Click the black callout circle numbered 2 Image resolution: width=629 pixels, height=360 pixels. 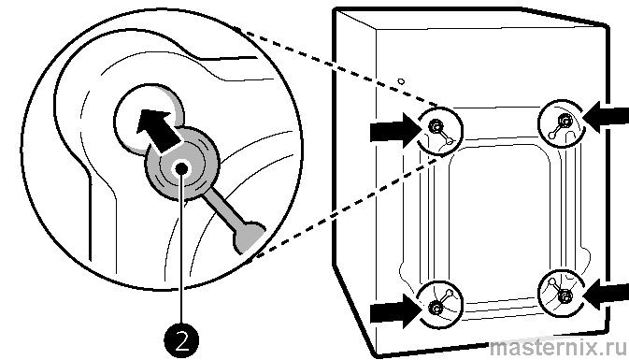tap(181, 341)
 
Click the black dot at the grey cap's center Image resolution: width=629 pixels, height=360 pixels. tap(181, 168)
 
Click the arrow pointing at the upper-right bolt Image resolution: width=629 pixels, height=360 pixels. tap(606, 117)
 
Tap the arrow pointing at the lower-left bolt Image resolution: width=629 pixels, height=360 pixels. tap(394, 310)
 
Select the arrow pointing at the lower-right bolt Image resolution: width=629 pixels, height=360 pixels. tap(606, 295)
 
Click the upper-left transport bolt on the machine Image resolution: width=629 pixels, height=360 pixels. tap(435, 127)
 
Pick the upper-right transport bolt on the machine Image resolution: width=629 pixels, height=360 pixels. tap(565, 120)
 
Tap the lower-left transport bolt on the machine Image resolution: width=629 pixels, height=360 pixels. tap(436, 309)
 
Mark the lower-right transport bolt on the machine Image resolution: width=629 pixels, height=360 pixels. tap(565, 297)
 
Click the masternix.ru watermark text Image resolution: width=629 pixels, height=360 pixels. tap(558, 348)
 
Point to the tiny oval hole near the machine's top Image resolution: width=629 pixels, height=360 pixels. tap(401, 81)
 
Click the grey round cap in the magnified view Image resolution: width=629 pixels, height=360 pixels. tap(182, 164)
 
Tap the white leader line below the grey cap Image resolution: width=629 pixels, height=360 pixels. tap(181, 249)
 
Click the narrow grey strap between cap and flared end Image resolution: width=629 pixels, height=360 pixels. tap(222, 208)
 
